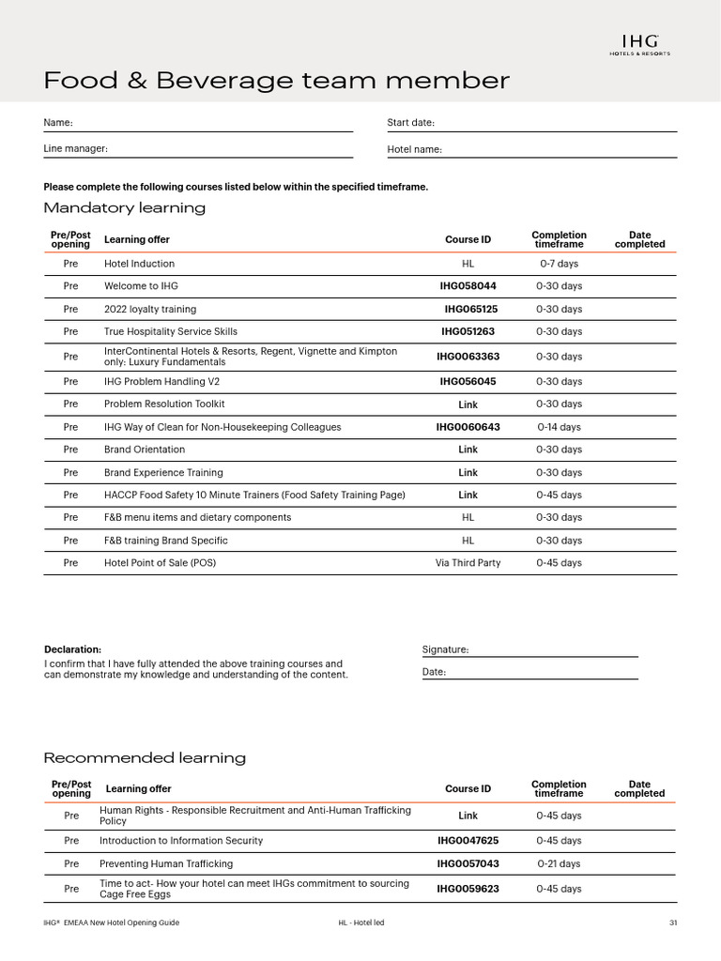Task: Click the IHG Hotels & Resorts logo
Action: point(639,45)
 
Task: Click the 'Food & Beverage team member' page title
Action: point(277,82)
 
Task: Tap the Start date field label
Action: point(410,123)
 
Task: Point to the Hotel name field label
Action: point(414,149)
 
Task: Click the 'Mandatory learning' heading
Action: point(125,208)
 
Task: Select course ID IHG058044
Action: point(468,286)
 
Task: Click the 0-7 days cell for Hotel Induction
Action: point(559,264)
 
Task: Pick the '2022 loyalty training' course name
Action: point(150,309)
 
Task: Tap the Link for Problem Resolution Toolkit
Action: point(468,404)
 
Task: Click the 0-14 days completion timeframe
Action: point(559,427)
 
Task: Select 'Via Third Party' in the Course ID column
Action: point(468,563)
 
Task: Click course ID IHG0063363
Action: point(468,357)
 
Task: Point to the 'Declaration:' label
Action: point(73,649)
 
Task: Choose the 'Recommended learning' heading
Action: point(145,758)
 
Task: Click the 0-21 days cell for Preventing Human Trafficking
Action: point(559,863)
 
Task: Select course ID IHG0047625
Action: point(468,841)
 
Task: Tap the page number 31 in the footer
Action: point(672,923)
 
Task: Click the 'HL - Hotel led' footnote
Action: point(361,923)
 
